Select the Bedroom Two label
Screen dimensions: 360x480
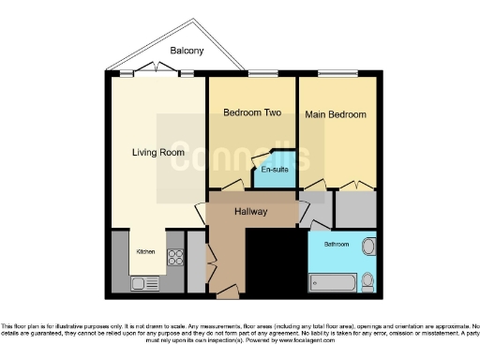click(252, 112)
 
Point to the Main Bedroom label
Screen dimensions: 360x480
click(335, 114)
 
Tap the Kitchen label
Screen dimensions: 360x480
click(146, 251)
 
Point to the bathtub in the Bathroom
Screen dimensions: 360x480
click(331, 282)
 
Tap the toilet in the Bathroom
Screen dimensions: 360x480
click(367, 280)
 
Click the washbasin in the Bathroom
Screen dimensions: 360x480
click(367, 247)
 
